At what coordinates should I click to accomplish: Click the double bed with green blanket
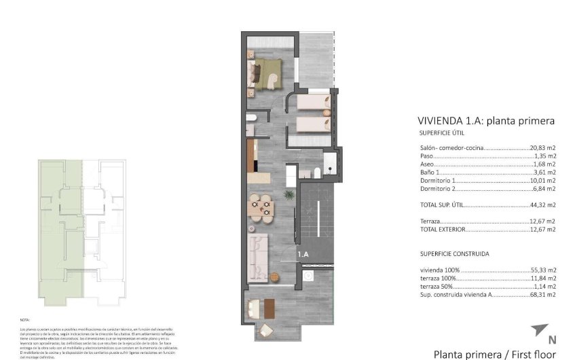click(267, 71)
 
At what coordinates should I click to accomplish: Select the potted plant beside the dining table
click(289, 196)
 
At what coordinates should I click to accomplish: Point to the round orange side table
click(275, 276)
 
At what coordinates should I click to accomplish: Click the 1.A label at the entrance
click(303, 254)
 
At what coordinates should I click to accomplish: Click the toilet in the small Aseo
click(251, 118)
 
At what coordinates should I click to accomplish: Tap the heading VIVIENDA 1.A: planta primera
click(486, 121)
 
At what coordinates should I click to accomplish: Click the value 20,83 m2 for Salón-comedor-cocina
click(542, 147)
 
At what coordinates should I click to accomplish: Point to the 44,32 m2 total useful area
click(542, 204)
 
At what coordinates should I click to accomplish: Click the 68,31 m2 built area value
click(542, 295)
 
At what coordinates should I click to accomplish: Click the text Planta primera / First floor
click(494, 354)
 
